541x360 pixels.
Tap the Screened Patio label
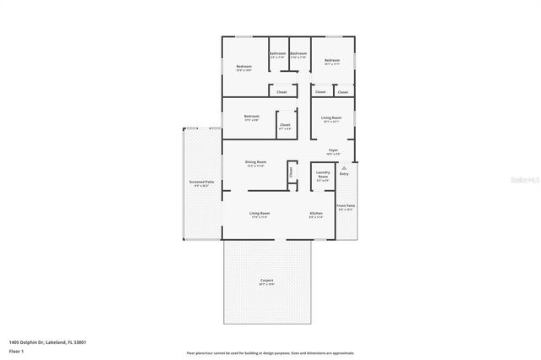tap(201, 183)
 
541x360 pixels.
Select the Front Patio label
tap(346, 206)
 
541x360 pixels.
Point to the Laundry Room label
tap(323, 177)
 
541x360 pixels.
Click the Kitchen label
tap(316, 214)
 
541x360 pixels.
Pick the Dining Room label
tap(255, 162)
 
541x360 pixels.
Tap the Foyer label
tap(334, 150)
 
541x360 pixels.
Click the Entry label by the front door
tap(344, 173)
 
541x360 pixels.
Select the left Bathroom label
tap(278, 54)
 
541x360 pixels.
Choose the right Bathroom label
tap(298, 54)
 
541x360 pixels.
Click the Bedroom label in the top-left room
tap(244, 67)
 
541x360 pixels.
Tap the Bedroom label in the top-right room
tap(332, 61)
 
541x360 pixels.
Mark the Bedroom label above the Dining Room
tap(251, 117)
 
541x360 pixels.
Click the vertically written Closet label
tap(291, 172)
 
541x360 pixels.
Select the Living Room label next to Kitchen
tap(259, 214)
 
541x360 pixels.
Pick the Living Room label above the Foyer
tap(331, 117)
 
